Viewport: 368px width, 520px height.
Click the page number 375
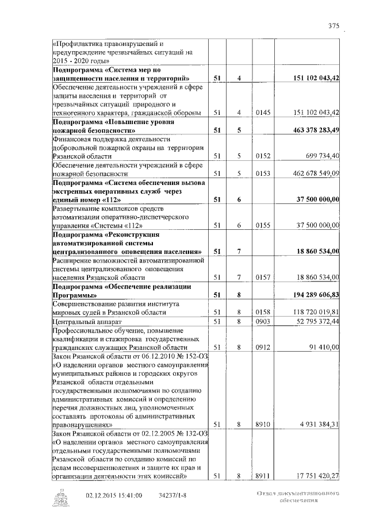(334, 26)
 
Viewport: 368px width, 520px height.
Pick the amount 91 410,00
(324, 346)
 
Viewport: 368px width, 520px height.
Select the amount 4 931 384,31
(316, 424)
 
